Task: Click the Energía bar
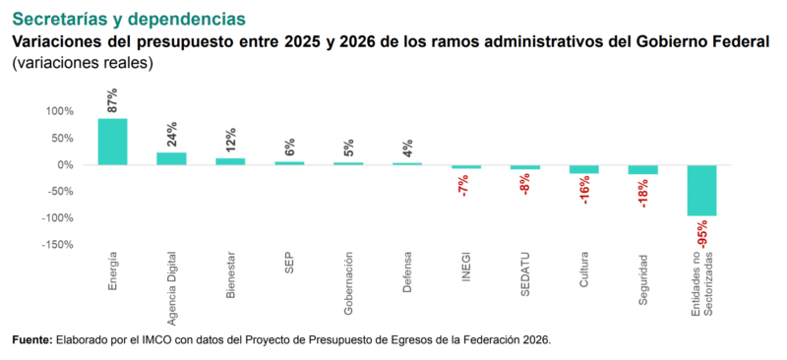(x=112, y=142)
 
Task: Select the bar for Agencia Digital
(x=171, y=158)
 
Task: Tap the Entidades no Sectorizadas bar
(x=701, y=190)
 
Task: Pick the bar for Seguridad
(x=642, y=169)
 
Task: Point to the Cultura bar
(x=584, y=168)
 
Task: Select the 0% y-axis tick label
(x=65, y=164)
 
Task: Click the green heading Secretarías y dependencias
(x=128, y=19)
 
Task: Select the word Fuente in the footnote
(x=31, y=339)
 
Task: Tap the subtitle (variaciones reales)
(x=83, y=63)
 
